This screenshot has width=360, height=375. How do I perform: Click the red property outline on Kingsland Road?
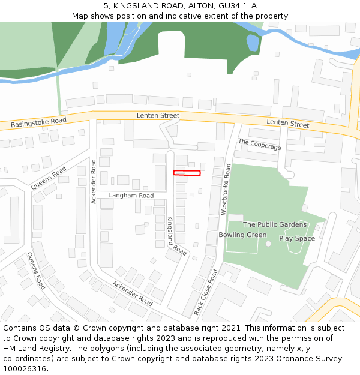(187, 173)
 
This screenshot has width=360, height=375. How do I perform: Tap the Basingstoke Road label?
(38, 123)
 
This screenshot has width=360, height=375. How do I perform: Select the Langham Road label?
(131, 196)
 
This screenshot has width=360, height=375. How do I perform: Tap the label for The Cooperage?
(259, 144)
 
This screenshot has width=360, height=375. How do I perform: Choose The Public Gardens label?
(275, 224)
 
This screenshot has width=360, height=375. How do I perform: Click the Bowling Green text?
(242, 235)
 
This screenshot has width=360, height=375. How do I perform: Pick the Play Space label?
(296, 238)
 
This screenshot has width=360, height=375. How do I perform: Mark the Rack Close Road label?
(206, 292)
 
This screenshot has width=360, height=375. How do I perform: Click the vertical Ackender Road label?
(94, 182)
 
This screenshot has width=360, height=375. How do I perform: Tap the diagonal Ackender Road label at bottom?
(132, 293)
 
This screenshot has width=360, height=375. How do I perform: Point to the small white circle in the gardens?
(268, 243)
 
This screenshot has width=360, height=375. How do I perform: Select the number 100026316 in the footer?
(25, 369)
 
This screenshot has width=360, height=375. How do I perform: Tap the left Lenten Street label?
(158, 115)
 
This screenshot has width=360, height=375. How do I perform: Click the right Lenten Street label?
(288, 124)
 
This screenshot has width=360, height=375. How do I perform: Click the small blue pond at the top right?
(253, 42)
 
